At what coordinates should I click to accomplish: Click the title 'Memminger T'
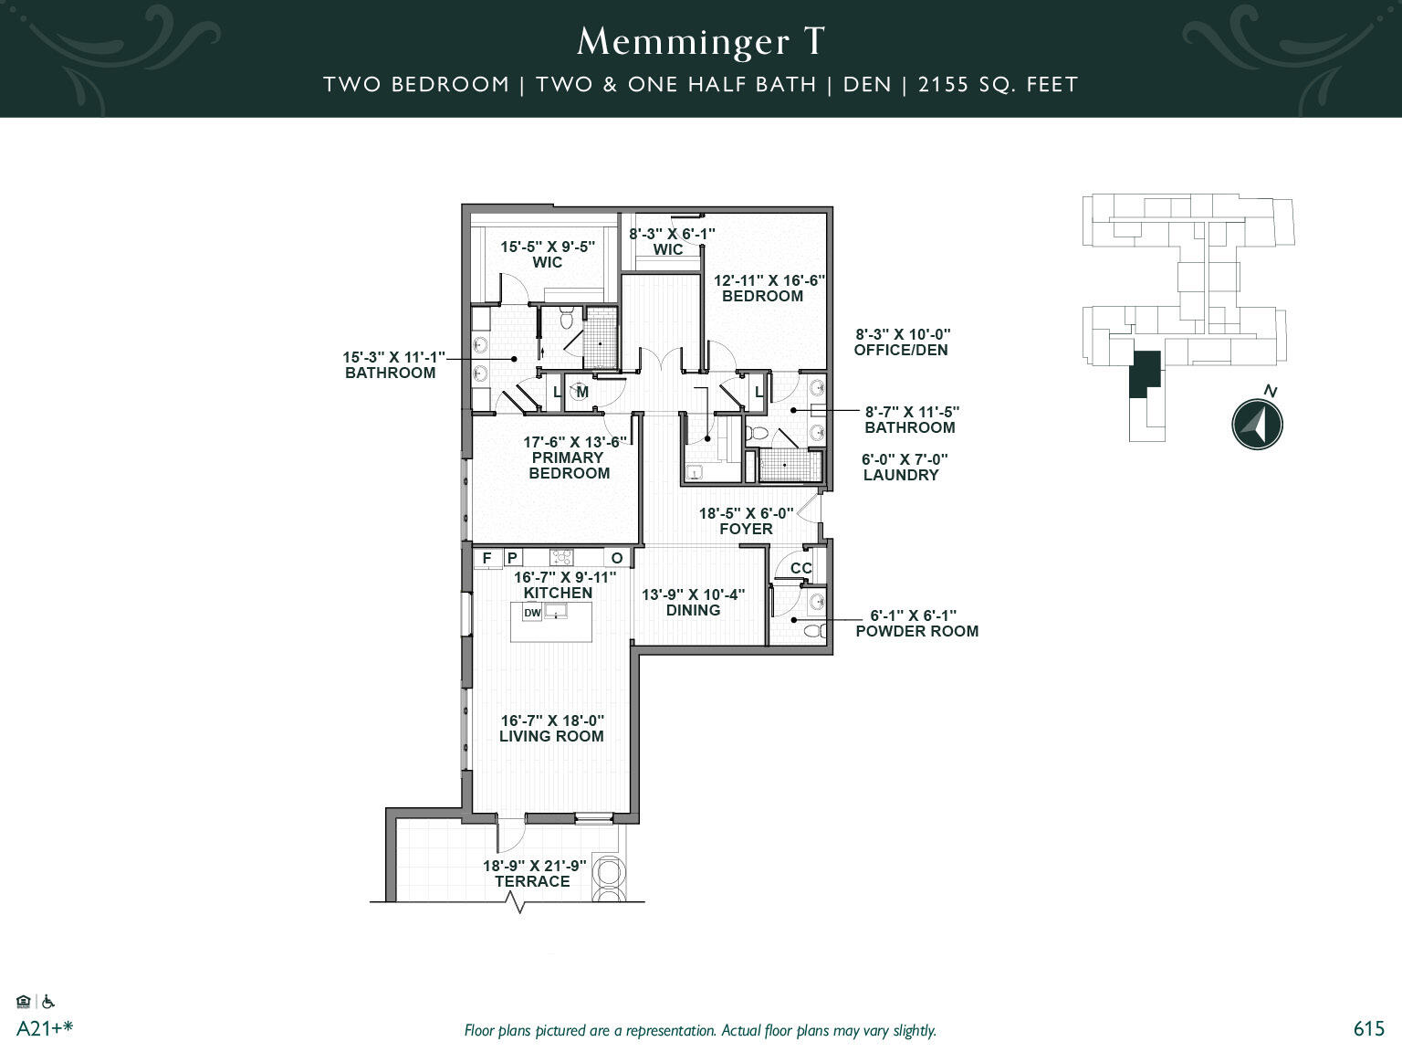701,41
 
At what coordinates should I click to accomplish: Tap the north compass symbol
1257,424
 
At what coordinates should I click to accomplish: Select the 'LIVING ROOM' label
551,736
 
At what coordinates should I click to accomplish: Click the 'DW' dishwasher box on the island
532,613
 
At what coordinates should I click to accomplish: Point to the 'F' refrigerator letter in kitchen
487,558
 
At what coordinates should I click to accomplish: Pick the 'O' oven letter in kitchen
617,558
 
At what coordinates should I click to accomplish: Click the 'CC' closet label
800,568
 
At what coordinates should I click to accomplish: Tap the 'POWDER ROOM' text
916,631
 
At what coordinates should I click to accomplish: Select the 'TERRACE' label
532,881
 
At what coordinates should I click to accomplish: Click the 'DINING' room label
693,610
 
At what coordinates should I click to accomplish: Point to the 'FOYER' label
746,529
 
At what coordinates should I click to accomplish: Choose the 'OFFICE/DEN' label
901,350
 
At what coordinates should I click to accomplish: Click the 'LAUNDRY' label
900,475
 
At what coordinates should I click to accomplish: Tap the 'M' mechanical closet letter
582,392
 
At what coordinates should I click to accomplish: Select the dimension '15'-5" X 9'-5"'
548,247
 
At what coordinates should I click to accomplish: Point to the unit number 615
1368,1028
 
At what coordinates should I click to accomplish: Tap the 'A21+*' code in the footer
44,1028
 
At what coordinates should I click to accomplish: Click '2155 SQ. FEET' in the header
999,85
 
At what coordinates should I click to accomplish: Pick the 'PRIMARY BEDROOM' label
569,465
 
